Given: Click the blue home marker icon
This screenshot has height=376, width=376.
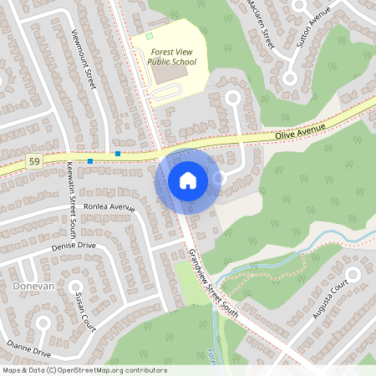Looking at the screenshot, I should (x=188, y=180).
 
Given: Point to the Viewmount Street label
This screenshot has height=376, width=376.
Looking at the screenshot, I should (x=84, y=59).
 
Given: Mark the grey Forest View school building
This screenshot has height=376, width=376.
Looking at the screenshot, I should (x=171, y=73).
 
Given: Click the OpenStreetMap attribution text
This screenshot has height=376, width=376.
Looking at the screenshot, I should (x=84, y=370).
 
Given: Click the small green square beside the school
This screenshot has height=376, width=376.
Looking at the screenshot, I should (x=150, y=36).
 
